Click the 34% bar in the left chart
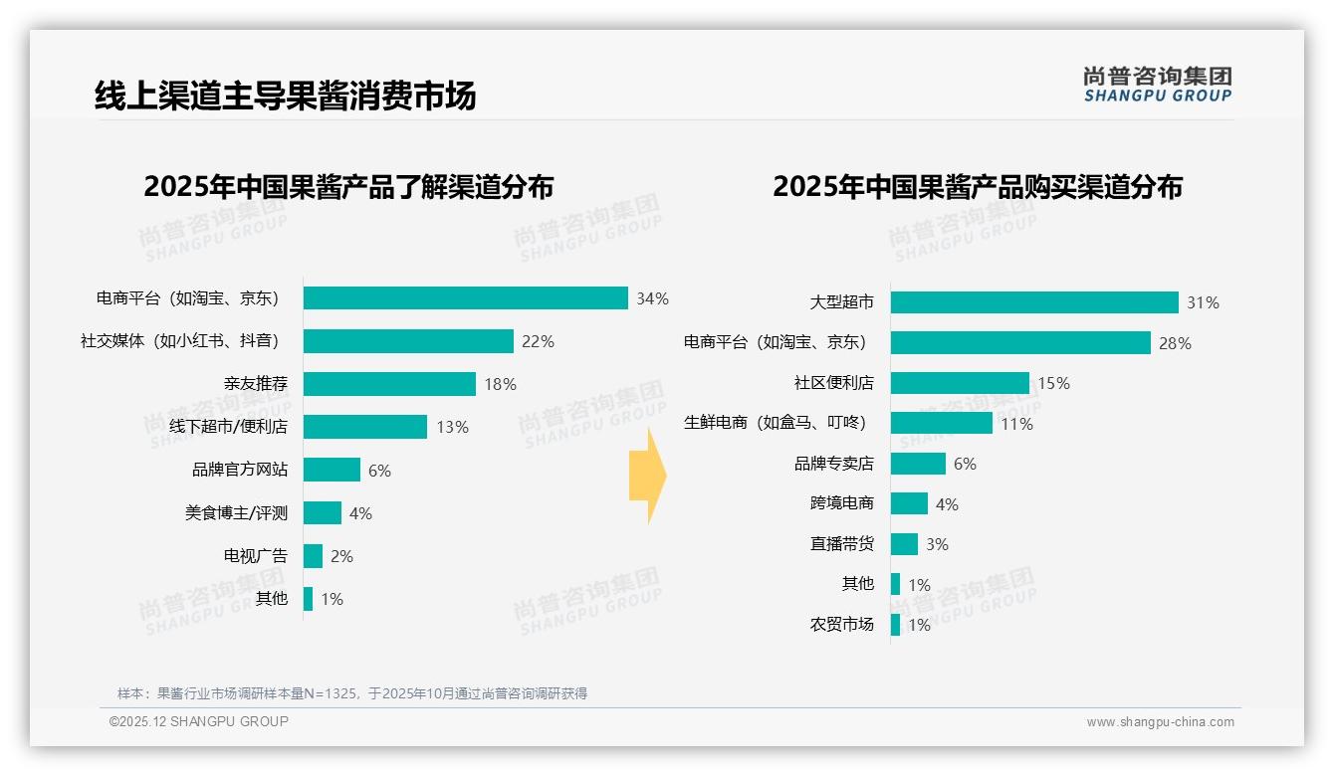(466, 298)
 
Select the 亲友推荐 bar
(389, 384)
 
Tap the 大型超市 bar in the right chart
(1034, 302)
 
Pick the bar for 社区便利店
(960, 383)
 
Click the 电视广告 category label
(255, 556)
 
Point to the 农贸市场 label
(841, 625)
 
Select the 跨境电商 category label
(841, 503)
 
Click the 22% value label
(538, 341)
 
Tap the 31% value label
(1203, 302)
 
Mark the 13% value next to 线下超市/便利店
(452, 427)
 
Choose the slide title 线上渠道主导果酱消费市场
(285, 96)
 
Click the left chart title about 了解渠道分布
(348, 187)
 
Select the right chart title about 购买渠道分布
(977, 187)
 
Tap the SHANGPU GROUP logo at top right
(1157, 85)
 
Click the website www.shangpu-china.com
(1160, 722)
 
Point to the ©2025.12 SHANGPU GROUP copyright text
(199, 721)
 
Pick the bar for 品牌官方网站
(332, 470)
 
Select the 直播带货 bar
(904, 544)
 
